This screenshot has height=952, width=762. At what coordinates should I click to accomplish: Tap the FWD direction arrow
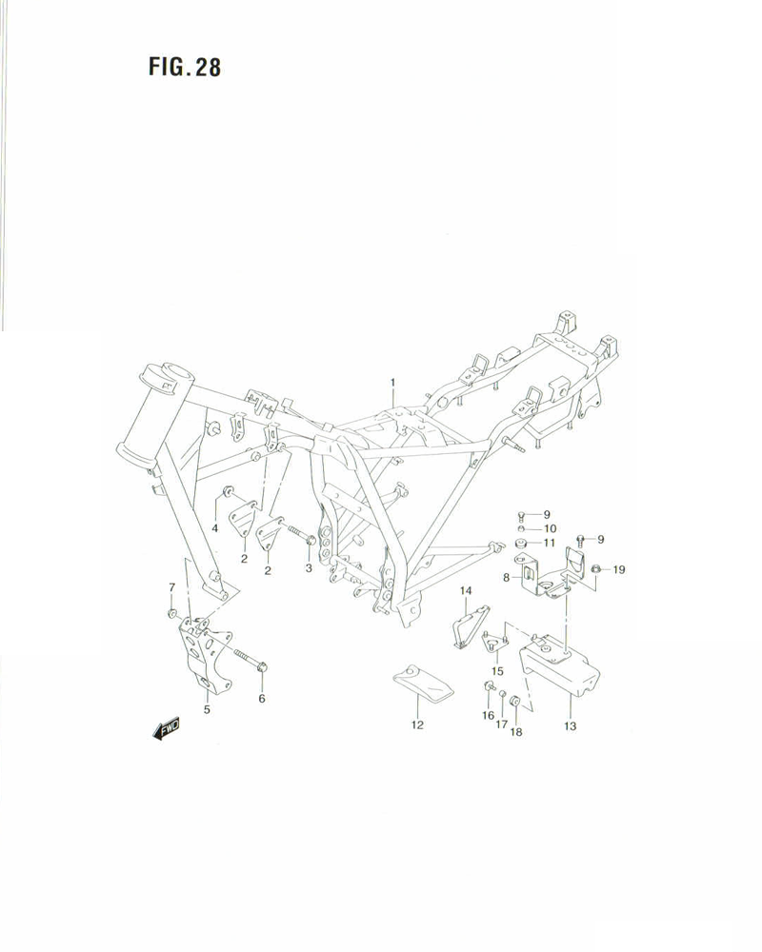165,730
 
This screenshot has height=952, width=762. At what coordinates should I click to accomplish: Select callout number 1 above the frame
391,383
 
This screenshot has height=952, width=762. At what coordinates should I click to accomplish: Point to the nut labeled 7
171,611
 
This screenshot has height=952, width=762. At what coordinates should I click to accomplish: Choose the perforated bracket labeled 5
203,657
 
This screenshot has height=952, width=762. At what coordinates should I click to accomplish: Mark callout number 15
497,670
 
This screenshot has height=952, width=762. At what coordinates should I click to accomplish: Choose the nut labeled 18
515,703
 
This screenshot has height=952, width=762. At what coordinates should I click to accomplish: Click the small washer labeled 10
522,528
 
